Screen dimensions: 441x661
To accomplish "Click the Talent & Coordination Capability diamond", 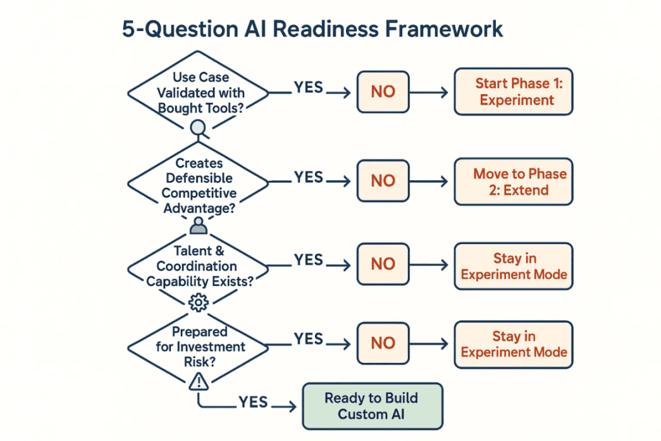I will click(199, 265).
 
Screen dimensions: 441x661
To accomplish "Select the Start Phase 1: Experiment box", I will click(514, 92).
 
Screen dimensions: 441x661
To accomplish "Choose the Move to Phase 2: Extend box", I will click(514, 182).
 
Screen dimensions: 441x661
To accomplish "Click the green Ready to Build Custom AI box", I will click(372, 406).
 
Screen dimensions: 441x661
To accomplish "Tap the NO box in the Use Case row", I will click(383, 92).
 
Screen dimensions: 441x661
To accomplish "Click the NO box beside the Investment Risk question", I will click(383, 344).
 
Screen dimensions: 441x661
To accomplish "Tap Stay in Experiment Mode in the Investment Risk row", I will click(514, 344).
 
